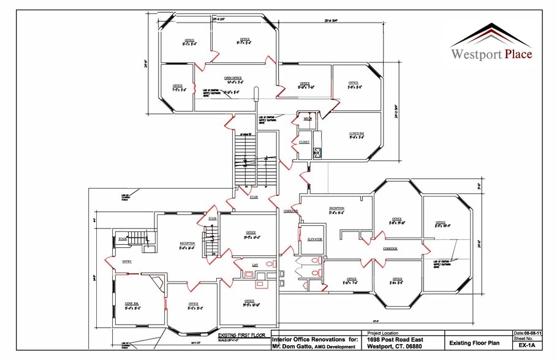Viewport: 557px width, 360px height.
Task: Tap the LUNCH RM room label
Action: pos(357,133)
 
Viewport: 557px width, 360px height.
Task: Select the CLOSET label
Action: pos(304,141)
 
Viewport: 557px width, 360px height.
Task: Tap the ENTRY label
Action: pos(127,262)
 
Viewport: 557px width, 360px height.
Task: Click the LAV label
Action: pos(255,264)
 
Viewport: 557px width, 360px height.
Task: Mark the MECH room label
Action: pos(308,119)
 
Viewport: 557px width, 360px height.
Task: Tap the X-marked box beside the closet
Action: pos(317,152)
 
